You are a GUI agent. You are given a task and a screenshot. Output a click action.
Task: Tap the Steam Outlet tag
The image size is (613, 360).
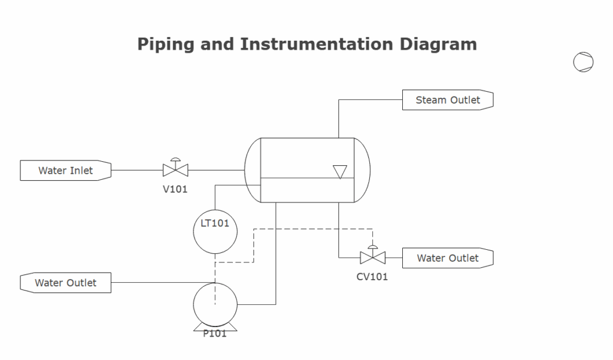pos(448,100)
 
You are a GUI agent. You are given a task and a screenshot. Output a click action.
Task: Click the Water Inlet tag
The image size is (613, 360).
pos(65,170)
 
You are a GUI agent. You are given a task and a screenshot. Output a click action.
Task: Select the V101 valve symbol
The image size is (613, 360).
pos(175,170)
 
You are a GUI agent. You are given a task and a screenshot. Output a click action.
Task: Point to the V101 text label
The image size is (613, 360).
pos(175,189)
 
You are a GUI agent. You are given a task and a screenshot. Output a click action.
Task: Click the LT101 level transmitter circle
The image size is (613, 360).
pos(215,231)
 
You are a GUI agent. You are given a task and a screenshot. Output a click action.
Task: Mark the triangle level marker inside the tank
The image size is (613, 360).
pos(340,172)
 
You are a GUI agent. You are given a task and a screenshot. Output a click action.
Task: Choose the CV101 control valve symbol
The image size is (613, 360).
pos(372,257)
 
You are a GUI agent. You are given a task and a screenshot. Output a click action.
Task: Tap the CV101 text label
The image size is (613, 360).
pos(372,277)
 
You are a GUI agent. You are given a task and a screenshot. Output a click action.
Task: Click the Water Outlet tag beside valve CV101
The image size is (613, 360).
pos(448,258)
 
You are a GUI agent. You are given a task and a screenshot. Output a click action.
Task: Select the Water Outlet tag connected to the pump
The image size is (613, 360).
pos(65,283)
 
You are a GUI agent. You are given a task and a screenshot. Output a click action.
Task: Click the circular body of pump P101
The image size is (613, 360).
pos(215,305)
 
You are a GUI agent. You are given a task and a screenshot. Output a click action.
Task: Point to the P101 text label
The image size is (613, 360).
pos(215,334)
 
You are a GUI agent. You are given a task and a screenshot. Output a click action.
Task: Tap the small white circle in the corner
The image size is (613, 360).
pos(583,62)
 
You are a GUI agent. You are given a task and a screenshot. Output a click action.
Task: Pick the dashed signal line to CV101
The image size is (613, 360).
pos(311,228)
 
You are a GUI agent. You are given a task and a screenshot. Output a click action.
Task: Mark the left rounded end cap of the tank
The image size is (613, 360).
pos(253,170)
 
